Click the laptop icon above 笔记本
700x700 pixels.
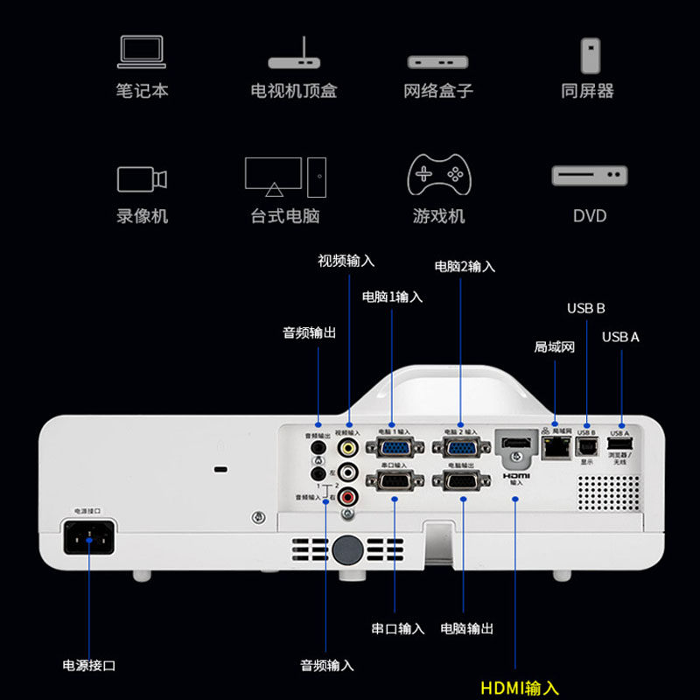click(x=142, y=52)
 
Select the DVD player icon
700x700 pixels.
click(x=589, y=176)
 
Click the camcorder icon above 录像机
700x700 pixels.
click(x=142, y=178)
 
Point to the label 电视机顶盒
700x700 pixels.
click(x=293, y=90)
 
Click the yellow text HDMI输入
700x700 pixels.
click(x=519, y=688)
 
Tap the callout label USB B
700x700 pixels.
click(x=585, y=308)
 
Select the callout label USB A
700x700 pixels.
click(x=620, y=337)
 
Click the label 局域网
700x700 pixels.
click(x=555, y=346)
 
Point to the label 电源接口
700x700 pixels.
click(x=89, y=665)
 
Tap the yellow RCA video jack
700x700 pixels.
click(x=349, y=448)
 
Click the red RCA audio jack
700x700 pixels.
click(x=349, y=497)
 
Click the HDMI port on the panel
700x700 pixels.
click(x=516, y=444)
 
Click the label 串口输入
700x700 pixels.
click(x=397, y=628)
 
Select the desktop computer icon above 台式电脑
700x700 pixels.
click(x=285, y=176)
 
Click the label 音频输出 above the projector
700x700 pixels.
click(x=309, y=332)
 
